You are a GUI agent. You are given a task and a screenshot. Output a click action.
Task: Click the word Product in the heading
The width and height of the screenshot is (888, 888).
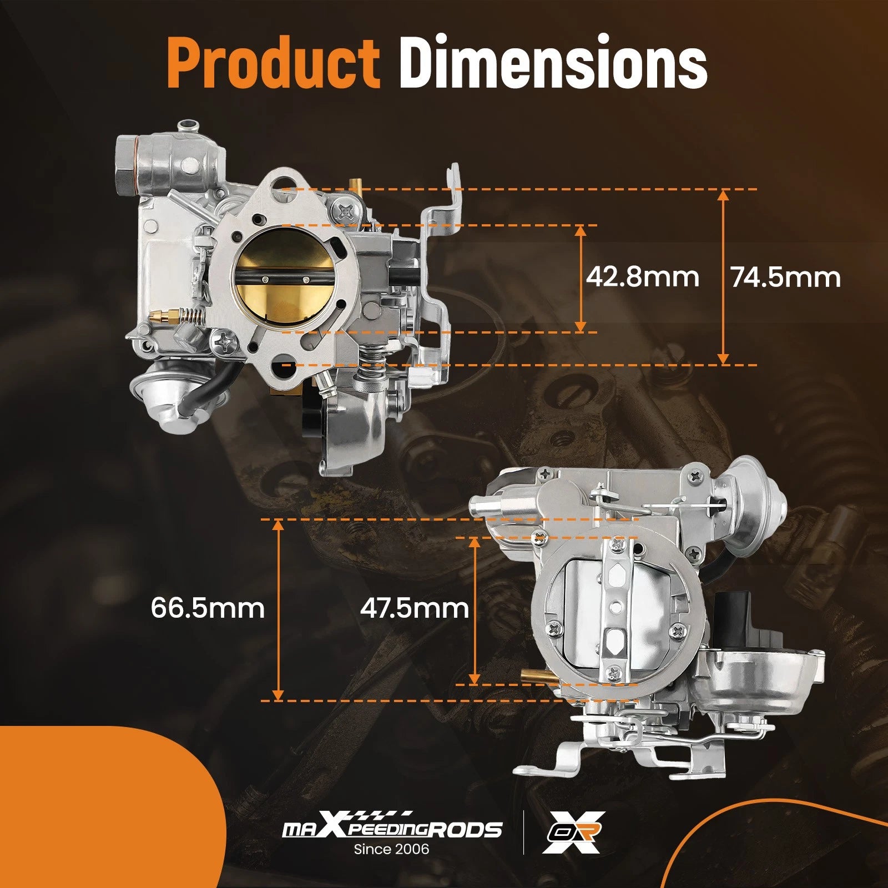point(273,63)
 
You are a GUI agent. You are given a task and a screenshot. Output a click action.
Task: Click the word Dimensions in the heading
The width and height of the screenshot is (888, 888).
point(553,63)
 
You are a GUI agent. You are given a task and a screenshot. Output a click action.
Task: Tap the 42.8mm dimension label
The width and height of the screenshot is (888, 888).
point(643,277)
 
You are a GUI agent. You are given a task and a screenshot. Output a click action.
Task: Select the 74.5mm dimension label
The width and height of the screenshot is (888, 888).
point(786,277)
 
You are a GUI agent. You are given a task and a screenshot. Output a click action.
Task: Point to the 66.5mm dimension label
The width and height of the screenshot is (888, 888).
point(208,608)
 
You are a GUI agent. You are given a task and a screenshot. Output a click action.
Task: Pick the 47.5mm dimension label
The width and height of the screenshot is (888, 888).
point(415,608)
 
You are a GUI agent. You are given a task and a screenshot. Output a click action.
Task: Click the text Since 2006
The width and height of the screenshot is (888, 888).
point(392,849)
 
